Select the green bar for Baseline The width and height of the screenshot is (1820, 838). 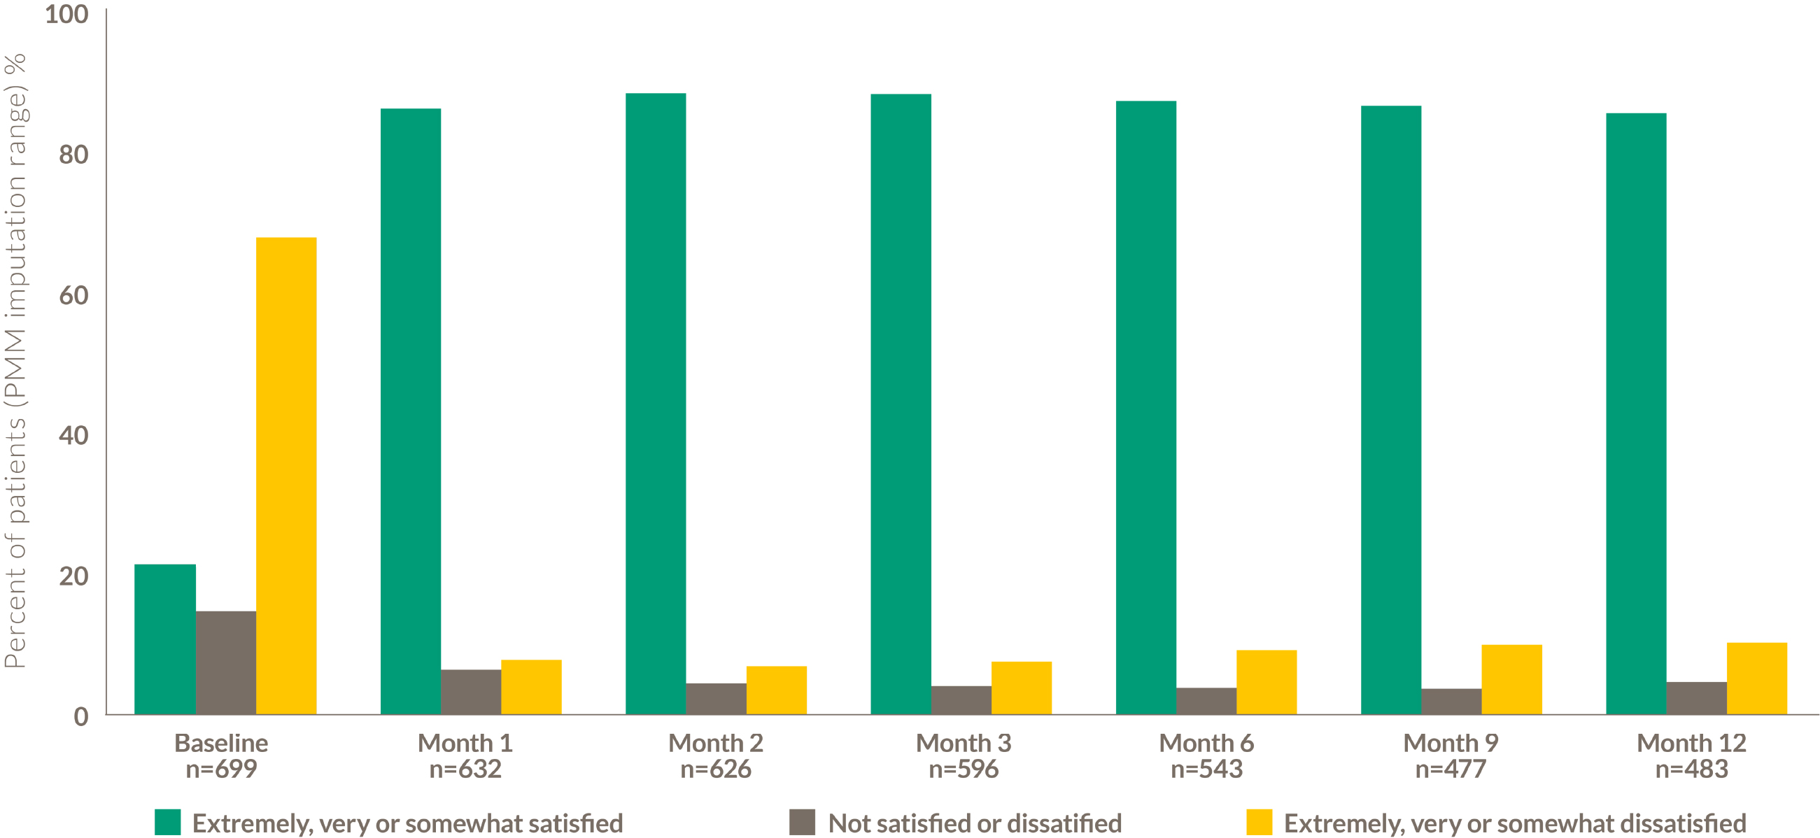pyautogui.click(x=164, y=639)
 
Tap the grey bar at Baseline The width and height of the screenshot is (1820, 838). pyautogui.click(x=225, y=662)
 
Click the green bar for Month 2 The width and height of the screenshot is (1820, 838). pyautogui.click(x=655, y=404)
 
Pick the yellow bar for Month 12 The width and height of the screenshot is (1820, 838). pyautogui.click(x=1756, y=679)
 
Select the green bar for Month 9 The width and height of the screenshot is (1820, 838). pyautogui.click(x=1390, y=410)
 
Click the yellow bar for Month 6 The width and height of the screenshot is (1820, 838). pyautogui.click(x=1266, y=682)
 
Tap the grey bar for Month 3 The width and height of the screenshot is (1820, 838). pyautogui.click(x=961, y=699)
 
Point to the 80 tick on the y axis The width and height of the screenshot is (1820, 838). pyautogui.click(x=73, y=154)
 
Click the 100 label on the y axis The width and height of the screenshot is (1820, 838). pyautogui.click(x=66, y=14)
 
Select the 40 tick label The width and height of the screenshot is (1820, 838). pyautogui.click(x=73, y=435)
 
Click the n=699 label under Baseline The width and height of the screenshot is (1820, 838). pyautogui.click(x=221, y=769)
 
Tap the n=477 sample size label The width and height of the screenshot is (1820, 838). pyautogui.click(x=1451, y=769)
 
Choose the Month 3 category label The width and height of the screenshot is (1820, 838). pyautogui.click(x=963, y=743)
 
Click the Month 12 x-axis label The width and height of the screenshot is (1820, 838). pyautogui.click(x=1691, y=743)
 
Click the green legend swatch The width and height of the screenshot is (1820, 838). pyautogui.click(x=167, y=823)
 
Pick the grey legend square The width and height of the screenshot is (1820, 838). pyautogui.click(x=802, y=823)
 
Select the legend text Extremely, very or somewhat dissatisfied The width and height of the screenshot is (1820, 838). pyautogui.click(x=1515, y=824)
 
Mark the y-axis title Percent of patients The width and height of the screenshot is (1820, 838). pyautogui.click(x=15, y=360)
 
